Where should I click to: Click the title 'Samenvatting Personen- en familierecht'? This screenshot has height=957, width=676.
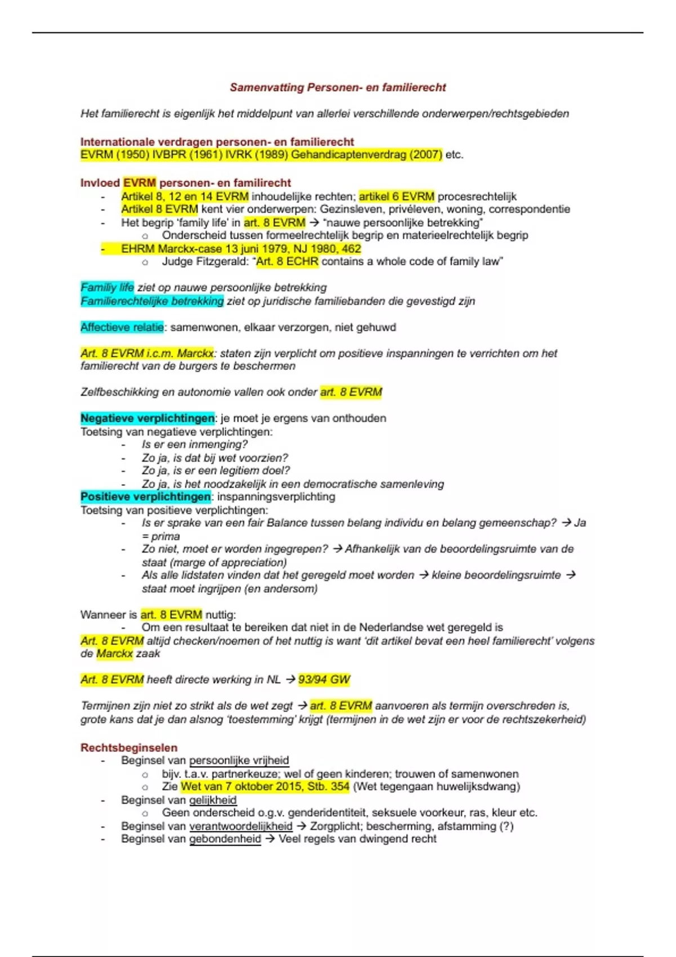tap(337, 87)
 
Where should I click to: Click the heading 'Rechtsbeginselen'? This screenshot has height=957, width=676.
tap(128, 748)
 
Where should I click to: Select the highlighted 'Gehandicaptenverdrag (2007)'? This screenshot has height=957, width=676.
tap(366, 155)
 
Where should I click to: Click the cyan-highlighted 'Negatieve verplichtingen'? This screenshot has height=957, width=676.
tap(147, 418)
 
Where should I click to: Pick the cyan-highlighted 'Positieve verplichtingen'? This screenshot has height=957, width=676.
tap(145, 497)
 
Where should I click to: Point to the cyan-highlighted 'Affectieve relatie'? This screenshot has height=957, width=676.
tap(122, 327)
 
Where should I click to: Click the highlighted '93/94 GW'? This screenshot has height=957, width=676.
tap(324, 679)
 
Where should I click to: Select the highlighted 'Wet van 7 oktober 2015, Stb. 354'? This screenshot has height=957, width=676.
tap(265, 786)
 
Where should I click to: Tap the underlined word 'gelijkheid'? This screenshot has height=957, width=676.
tap(212, 800)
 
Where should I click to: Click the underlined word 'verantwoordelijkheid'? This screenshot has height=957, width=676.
tap(241, 826)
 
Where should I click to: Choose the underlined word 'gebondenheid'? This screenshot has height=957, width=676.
tap(225, 839)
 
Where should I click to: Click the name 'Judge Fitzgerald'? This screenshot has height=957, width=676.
tap(204, 262)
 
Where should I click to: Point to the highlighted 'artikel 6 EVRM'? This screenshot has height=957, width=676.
tap(397, 196)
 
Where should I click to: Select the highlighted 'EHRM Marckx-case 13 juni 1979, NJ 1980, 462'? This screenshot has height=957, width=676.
tap(241, 249)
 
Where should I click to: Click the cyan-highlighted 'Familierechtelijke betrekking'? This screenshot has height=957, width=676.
tap(152, 301)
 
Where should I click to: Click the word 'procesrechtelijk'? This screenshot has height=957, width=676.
tap(477, 196)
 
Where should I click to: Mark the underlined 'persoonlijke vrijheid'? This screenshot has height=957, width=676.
tap(239, 761)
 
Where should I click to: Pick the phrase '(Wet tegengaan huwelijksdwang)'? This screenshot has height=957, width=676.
tap(436, 786)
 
